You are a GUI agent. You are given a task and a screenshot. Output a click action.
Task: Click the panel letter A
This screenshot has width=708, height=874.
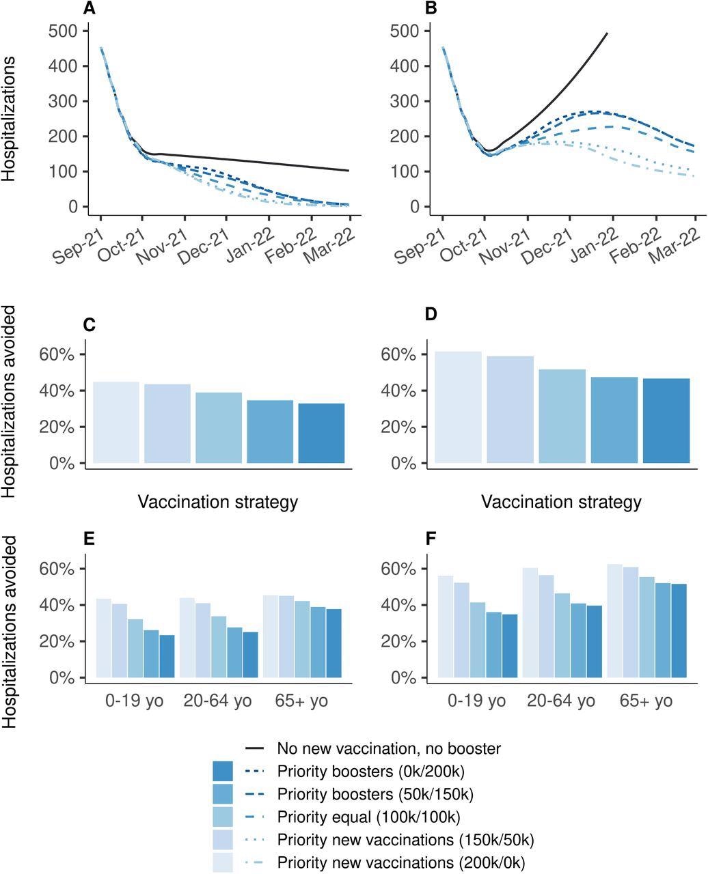89,9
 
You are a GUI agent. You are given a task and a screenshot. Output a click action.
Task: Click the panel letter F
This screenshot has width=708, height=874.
431,539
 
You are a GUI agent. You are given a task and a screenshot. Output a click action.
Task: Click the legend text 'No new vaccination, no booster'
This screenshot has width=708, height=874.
389,748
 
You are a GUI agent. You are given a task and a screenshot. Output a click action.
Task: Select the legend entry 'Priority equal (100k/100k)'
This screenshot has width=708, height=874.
368,817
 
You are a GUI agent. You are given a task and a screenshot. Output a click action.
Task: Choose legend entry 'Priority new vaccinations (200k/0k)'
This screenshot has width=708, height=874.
401,862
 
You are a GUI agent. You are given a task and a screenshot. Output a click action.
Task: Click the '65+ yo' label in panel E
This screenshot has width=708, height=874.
301,701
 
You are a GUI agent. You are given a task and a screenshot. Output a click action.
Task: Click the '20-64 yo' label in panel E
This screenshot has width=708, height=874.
217,701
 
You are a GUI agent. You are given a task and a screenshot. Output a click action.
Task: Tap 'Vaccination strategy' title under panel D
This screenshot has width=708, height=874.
561,503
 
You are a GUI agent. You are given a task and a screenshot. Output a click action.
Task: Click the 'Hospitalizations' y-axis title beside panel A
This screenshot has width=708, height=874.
9,119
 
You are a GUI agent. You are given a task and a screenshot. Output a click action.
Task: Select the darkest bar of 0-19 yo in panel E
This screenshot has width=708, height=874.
167,656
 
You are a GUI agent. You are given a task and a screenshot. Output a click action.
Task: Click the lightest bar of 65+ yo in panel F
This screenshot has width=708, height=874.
614,621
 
